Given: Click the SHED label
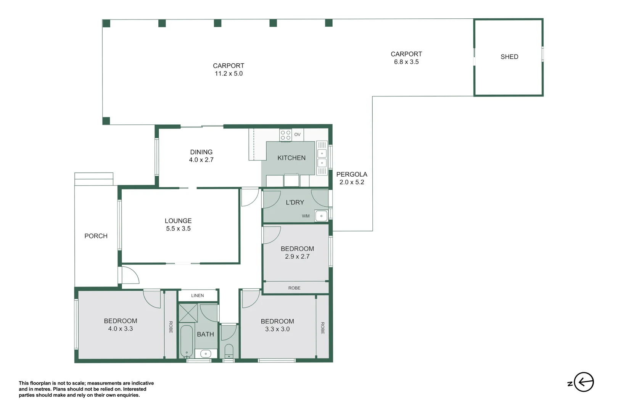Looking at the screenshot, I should (x=509, y=57).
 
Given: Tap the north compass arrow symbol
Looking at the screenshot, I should (x=584, y=382).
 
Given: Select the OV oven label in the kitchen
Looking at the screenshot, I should (x=297, y=135).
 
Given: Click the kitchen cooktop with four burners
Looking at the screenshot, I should (x=285, y=135).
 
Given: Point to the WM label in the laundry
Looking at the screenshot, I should (x=306, y=216).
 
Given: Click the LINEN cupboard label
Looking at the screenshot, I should (x=197, y=296).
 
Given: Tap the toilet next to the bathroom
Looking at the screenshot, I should (x=229, y=350).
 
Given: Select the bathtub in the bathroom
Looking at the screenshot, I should (x=187, y=340).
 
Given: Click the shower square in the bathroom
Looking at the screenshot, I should (x=188, y=313).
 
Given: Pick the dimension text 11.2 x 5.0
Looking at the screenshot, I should (x=229, y=74).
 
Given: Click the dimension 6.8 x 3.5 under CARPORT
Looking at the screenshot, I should (x=406, y=62).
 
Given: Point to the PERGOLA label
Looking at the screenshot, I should (x=351, y=174).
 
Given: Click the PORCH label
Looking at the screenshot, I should (x=96, y=236).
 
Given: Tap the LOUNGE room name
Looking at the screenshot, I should (x=178, y=221).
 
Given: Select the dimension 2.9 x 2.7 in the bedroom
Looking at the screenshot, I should (x=297, y=257).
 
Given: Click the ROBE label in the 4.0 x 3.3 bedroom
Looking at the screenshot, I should (x=171, y=327).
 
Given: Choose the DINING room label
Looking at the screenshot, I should (x=201, y=152).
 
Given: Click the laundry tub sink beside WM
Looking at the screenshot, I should (x=321, y=216).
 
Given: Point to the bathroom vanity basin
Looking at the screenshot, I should (x=206, y=354).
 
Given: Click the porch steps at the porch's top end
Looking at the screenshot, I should (x=93, y=179).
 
